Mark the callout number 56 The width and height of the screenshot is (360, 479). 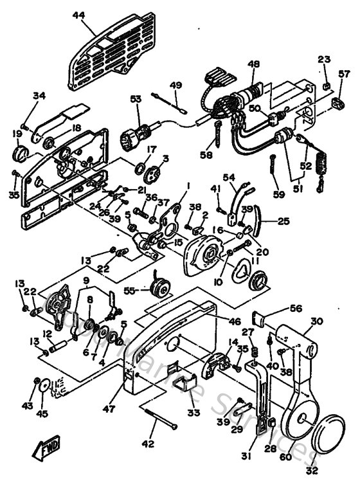296,308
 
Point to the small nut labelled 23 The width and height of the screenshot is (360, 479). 327,86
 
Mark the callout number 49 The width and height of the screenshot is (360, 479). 175,85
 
